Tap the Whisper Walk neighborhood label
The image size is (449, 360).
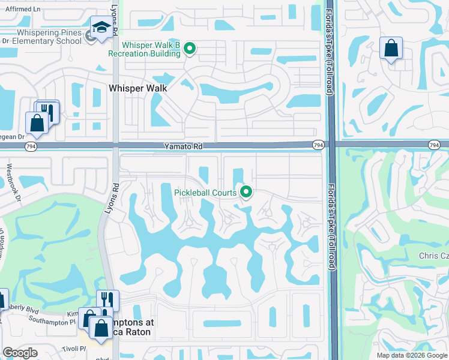[137, 88]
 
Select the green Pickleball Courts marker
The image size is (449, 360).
[246, 193]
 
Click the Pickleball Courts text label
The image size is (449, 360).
[205, 193]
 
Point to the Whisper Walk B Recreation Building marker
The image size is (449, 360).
[190, 49]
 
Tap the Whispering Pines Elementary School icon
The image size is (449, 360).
[101, 28]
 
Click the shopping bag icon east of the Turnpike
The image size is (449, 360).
[391, 49]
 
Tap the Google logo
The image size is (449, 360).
[20, 353]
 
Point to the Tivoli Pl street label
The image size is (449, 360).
[73, 349]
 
